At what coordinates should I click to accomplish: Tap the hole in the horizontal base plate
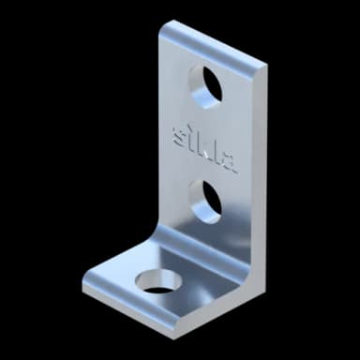pos(158,279)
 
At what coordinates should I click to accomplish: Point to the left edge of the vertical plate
pos(159,131)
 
